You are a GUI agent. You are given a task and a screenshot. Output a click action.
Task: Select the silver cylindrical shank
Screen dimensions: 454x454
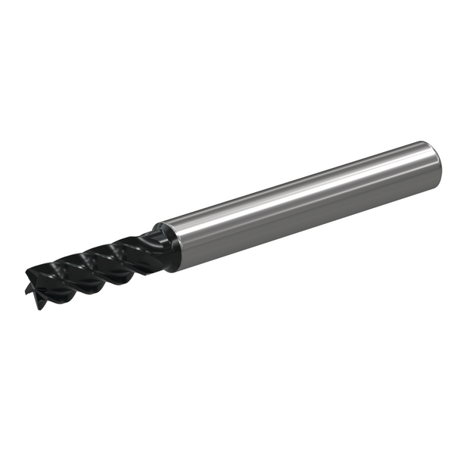pyautogui.click(x=303, y=201)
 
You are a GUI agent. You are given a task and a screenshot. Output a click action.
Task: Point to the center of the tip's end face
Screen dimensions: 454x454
pyautogui.click(x=33, y=281)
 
